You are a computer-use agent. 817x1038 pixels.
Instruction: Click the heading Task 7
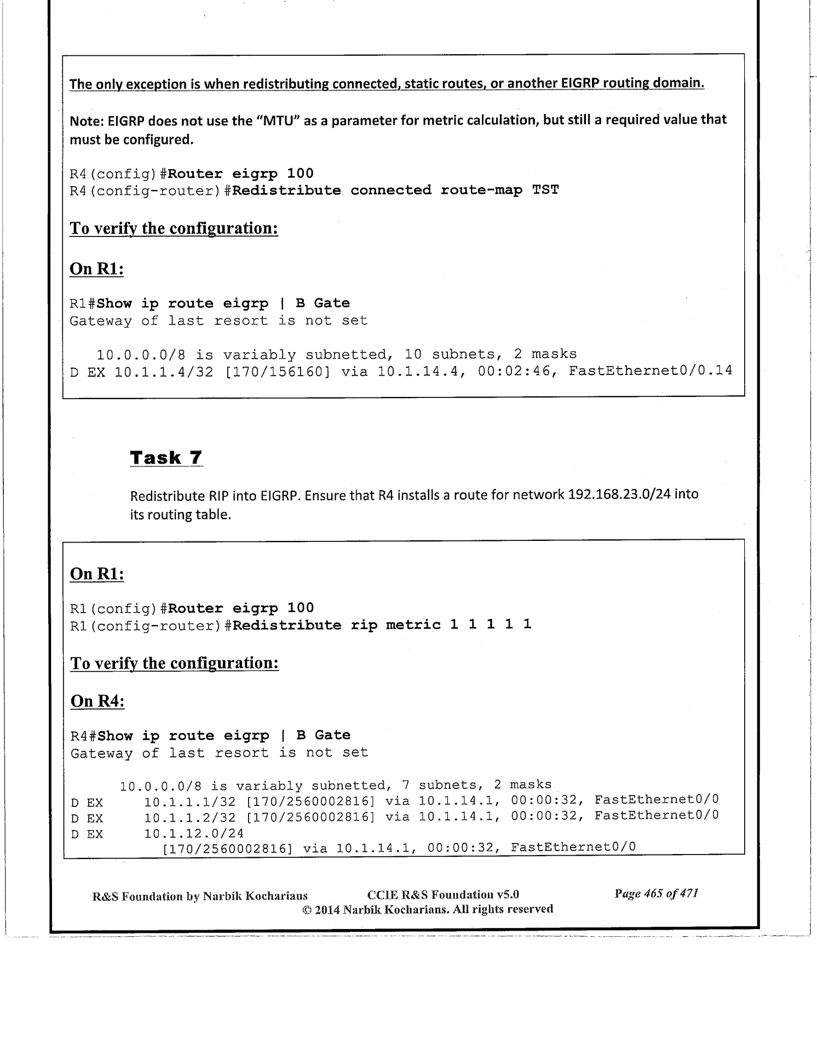tap(166, 457)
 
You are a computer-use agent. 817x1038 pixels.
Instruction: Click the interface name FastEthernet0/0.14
tap(650, 371)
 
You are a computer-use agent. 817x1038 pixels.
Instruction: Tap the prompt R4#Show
tap(101, 735)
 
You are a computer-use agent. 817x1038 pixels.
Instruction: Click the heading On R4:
tap(97, 701)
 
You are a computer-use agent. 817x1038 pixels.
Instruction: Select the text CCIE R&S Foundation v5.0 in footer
tap(443, 895)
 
